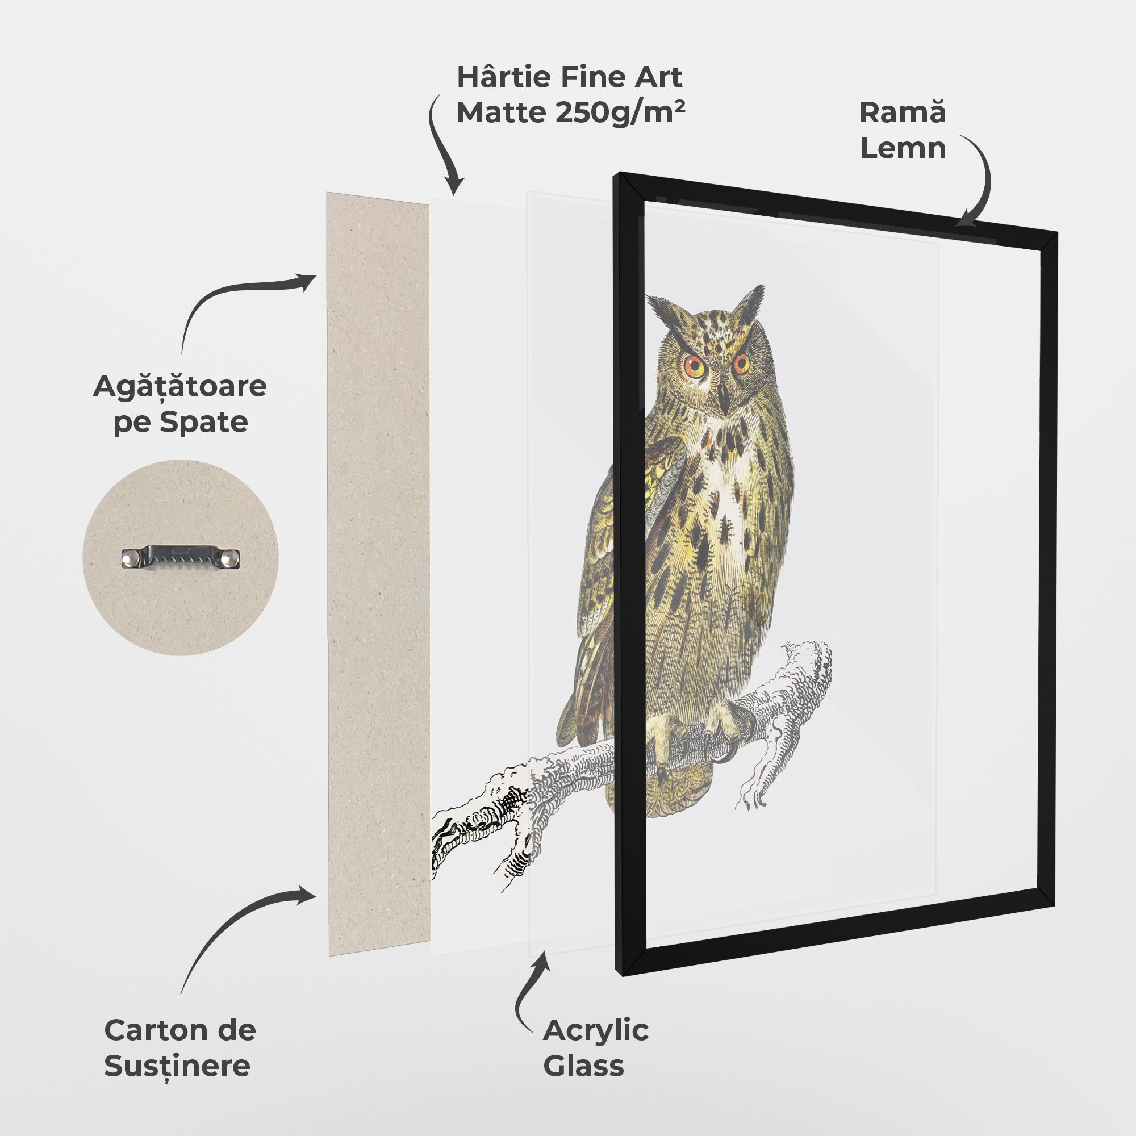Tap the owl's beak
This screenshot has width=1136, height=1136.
point(725,400)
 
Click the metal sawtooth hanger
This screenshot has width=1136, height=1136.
point(181,557)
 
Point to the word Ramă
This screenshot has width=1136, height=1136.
point(903,112)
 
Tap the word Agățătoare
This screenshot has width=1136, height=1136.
point(180,386)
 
